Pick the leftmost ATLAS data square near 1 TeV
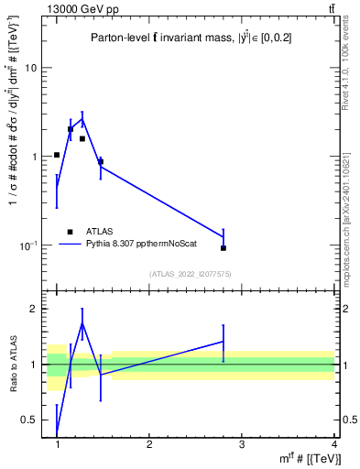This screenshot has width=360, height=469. pyautogui.click(x=57, y=155)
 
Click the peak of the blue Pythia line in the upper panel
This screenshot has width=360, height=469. pyautogui.click(x=82, y=118)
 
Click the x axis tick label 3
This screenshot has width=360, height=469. pyautogui.click(x=242, y=444)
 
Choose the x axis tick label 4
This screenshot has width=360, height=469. pyautogui.click(x=333, y=444)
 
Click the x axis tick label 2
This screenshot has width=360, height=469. pyautogui.click(x=149, y=444)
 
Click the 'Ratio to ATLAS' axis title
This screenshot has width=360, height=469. pyautogui.click(x=12, y=364)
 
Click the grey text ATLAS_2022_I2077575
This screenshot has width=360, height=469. pyautogui.click(x=189, y=274)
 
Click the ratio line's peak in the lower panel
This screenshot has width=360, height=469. pyautogui.click(x=82, y=322)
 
